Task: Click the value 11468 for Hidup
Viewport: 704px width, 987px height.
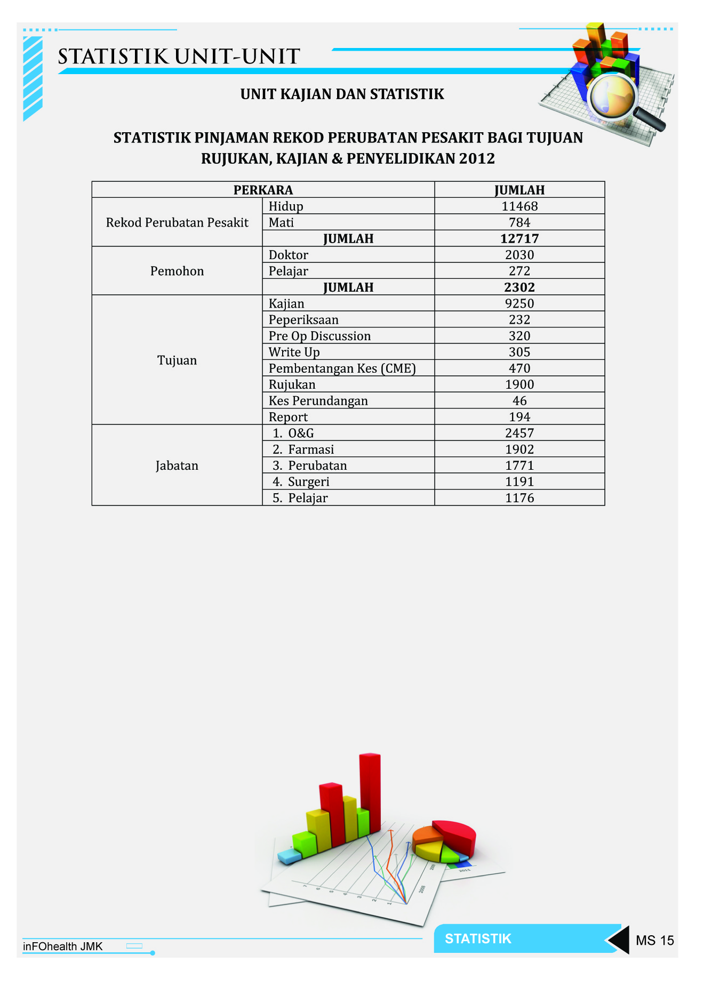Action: click(519, 206)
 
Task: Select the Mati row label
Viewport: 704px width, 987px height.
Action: click(281, 222)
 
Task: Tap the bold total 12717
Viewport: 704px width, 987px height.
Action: click(519, 238)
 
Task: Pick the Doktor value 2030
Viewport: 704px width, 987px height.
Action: click(519, 255)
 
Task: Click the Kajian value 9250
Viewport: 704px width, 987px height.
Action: click(519, 303)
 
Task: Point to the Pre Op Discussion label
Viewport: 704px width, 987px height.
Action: click(319, 336)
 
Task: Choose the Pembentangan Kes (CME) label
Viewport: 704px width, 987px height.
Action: click(342, 368)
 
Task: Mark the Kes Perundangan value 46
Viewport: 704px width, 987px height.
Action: click(519, 401)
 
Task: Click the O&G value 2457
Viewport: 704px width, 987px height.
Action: click(519, 433)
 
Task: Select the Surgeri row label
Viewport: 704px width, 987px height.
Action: click(308, 482)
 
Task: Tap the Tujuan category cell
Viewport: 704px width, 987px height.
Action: click(177, 360)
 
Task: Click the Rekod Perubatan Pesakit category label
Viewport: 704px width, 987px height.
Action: click(177, 222)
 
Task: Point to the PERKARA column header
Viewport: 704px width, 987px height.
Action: click(263, 190)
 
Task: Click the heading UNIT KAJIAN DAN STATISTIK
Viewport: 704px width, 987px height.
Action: click(342, 94)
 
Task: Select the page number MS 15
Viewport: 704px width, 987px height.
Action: click(654, 940)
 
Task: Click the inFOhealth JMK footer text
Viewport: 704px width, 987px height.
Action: click(62, 946)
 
